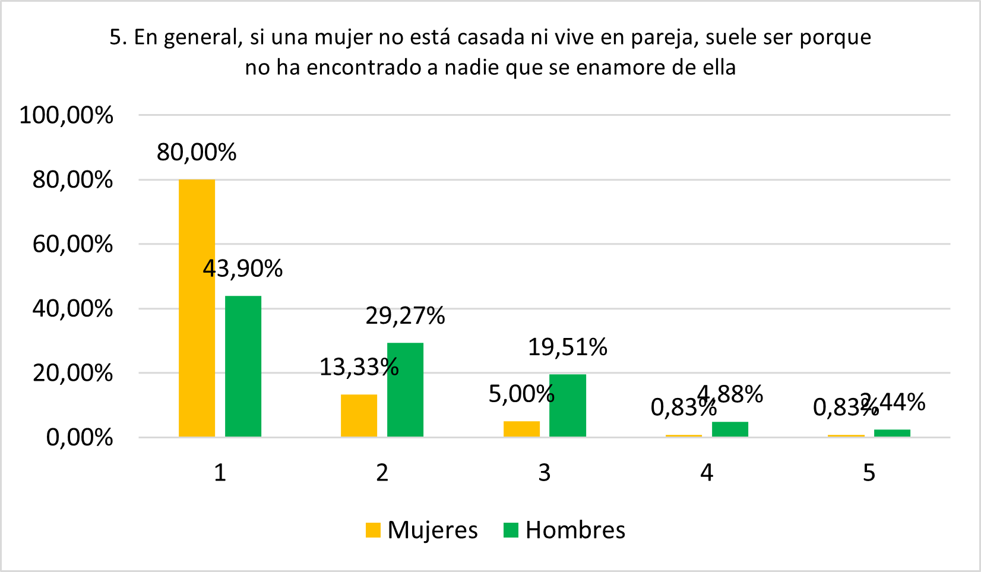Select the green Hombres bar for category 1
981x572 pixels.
(x=243, y=366)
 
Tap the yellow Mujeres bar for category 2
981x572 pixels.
(x=359, y=415)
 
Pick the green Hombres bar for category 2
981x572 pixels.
(x=405, y=390)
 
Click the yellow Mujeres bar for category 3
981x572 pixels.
(x=521, y=429)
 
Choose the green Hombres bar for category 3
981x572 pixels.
(x=567, y=405)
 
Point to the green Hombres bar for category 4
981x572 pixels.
(x=730, y=429)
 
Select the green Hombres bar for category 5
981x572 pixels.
(x=892, y=433)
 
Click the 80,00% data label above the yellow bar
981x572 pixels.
(x=197, y=153)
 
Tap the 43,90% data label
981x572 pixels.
(x=242, y=269)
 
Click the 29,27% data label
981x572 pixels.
(x=405, y=316)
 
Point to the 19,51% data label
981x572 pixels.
(x=567, y=347)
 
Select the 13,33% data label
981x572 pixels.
(x=359, y=367)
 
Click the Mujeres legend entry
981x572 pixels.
(x=422, y=530)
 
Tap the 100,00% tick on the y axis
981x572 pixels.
(x=66, y=115)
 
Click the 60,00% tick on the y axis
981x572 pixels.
(x=72, y=244)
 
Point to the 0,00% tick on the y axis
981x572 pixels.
(x=79, y=438)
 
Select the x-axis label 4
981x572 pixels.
(x=707, y=473)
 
